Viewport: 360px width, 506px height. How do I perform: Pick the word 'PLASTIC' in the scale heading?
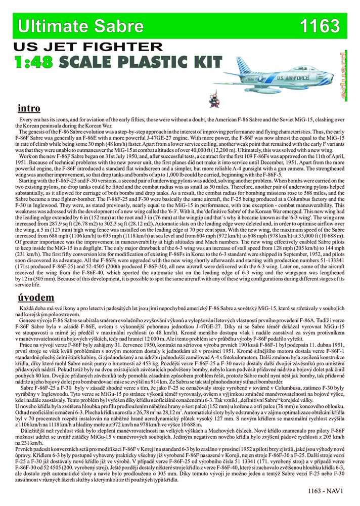(152, 62)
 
